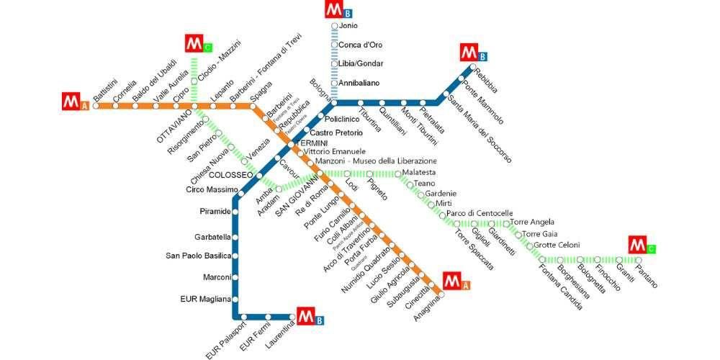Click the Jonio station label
(x=348, y=26)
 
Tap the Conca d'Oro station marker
(x=335, y=45)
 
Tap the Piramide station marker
(x=235, y=212)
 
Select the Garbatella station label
(x=212, y=237)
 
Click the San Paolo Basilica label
(x=198, y=256)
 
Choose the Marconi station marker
(x=235, y=277)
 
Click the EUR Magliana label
(x=205, y=299)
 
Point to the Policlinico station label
(x=342, y=119)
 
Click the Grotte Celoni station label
(x=557, y=246)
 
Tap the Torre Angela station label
(x=532, y=222)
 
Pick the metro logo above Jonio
(x=334, y=10)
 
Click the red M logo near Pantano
(x=638, y=245)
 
